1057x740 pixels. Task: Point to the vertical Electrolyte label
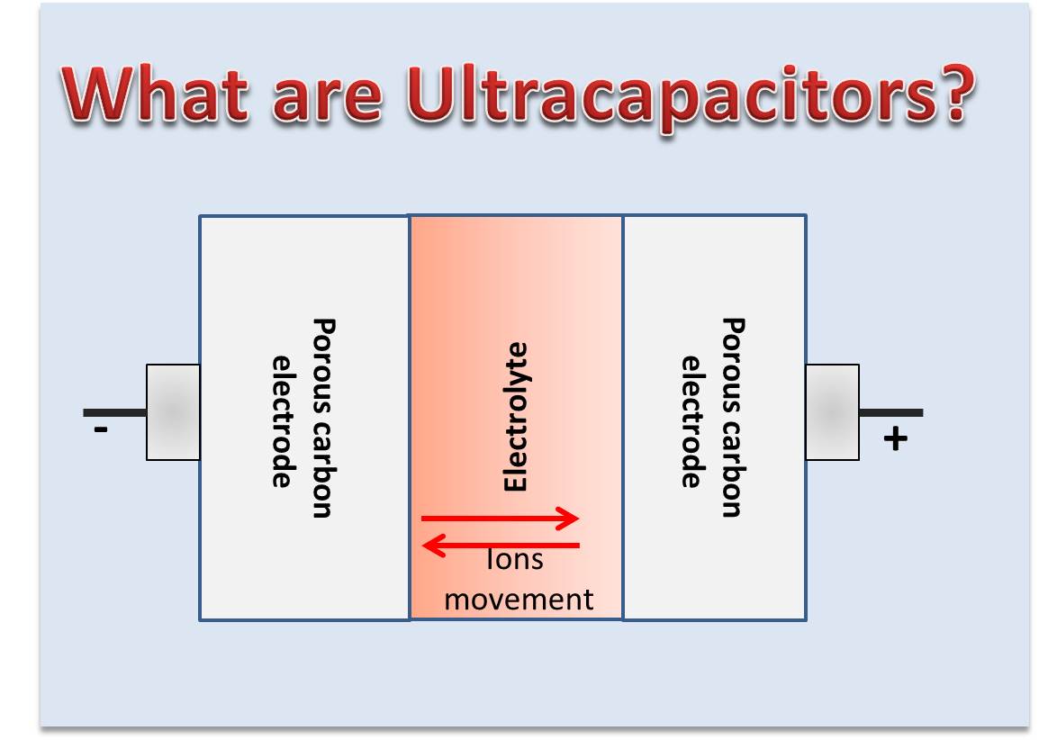515,416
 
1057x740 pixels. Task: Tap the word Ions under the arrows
514,561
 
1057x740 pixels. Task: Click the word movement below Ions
519,600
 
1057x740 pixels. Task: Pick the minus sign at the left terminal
101,431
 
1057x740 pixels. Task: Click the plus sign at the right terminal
895,439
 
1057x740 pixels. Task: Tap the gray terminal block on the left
173,412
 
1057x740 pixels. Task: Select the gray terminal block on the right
832,412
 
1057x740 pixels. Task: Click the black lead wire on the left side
114,413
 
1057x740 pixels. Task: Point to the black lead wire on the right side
890,413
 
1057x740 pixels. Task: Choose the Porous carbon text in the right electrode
733,418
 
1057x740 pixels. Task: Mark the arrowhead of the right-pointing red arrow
569,518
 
